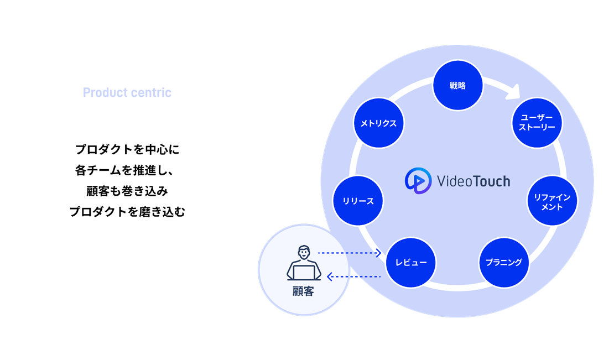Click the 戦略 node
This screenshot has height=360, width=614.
(457, 86)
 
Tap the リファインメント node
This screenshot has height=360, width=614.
(552, 201)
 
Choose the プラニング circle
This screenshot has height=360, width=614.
(504, 262)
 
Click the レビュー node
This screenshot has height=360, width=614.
(410, 262)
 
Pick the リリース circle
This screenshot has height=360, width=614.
(358, 201)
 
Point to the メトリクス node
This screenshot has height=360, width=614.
(378, 123)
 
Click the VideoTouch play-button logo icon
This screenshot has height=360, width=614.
(418, 181)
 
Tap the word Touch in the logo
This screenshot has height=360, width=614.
(491, 181)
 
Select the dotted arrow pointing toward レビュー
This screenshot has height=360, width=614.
(350, 253)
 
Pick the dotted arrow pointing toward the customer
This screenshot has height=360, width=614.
(354, 276)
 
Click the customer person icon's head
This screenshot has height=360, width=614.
(304, 253)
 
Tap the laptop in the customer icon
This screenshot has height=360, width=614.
(304, 273)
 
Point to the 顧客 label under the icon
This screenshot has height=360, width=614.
(303, 291)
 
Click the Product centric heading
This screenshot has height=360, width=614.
(127, 92)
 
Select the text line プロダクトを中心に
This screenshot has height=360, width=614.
(127, 149)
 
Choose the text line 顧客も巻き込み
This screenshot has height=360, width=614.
(127, 191)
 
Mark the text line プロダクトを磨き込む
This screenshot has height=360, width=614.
(127, 212)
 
